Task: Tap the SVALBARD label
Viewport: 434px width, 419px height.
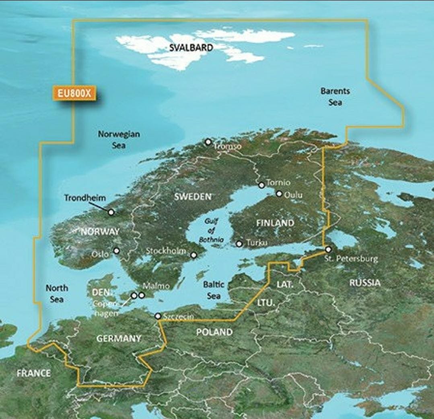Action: [191, 48]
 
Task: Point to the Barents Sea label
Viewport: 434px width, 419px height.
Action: [335, 96]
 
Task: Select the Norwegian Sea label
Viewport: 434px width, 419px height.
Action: [119, 139]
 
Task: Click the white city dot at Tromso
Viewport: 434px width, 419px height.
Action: [208, 142]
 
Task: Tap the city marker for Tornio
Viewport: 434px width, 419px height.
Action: [261, 185]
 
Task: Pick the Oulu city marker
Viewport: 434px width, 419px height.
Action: [279, 194]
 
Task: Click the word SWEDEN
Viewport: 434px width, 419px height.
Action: [193, 197]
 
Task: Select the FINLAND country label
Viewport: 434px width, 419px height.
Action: [276, 223]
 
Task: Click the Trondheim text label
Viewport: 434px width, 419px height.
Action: [85, 198]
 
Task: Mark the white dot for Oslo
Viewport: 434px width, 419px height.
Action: [116, 251]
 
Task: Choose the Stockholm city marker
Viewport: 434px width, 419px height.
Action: [193, 255]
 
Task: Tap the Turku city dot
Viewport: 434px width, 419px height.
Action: [239, 243]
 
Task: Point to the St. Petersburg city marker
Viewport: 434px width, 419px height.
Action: [328, 249]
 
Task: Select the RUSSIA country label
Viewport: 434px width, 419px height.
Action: [364, 283]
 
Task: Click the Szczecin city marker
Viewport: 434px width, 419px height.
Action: [158, 316]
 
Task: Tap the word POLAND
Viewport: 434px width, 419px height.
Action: [214, 332]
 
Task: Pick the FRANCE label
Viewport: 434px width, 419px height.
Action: [34, 373]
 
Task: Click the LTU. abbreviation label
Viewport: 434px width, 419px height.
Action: [266, 302]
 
